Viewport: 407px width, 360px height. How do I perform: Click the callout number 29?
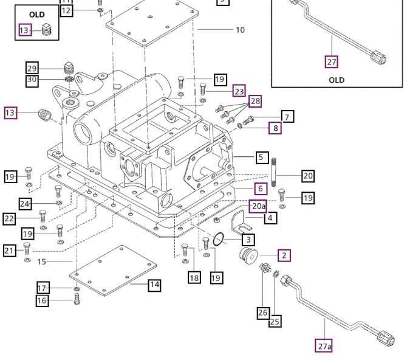[32, 67]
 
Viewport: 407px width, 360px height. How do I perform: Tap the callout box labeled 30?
[32, 80]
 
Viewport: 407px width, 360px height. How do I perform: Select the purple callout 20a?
[258, 206]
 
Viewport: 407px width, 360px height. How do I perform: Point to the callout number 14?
[154, 284]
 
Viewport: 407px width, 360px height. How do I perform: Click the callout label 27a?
[324, 346]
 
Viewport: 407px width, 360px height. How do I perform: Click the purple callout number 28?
[255, 101]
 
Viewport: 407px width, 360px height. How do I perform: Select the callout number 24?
[25, 204]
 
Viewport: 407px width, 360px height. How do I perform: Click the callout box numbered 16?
[42, 300]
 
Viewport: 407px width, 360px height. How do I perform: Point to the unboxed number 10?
[240, 30]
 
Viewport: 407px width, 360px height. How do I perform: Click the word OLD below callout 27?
[337, 80]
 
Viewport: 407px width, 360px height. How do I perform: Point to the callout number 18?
[194, 278]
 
